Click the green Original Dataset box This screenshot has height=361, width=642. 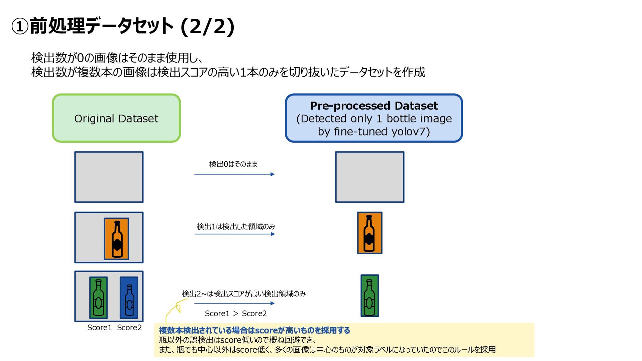(116, 118)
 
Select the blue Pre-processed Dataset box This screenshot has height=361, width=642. (373, 118)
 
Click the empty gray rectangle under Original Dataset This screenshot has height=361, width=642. (109, 177)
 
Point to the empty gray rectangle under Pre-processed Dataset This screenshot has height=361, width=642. (369, 177)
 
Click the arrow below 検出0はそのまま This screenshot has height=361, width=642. (234, 174)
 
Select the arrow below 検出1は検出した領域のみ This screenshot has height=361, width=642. (234, 234)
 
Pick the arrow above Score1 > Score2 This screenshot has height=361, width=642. (234, 303)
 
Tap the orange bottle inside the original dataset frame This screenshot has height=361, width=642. (116, 239)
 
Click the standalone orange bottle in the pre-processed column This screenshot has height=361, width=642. (369, 233)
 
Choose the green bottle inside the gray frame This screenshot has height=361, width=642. (98, 297)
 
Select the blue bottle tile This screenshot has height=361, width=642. (129, 297)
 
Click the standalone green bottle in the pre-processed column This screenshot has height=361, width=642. (369, 296)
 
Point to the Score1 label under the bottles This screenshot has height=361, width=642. (99, 328)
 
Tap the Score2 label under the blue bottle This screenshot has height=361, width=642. (129, 328)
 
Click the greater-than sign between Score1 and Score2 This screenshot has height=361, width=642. (236, 313)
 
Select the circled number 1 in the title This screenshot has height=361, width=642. (20, 26)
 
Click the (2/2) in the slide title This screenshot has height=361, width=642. (207, 26)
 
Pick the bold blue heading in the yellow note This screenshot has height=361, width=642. (254, 330)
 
